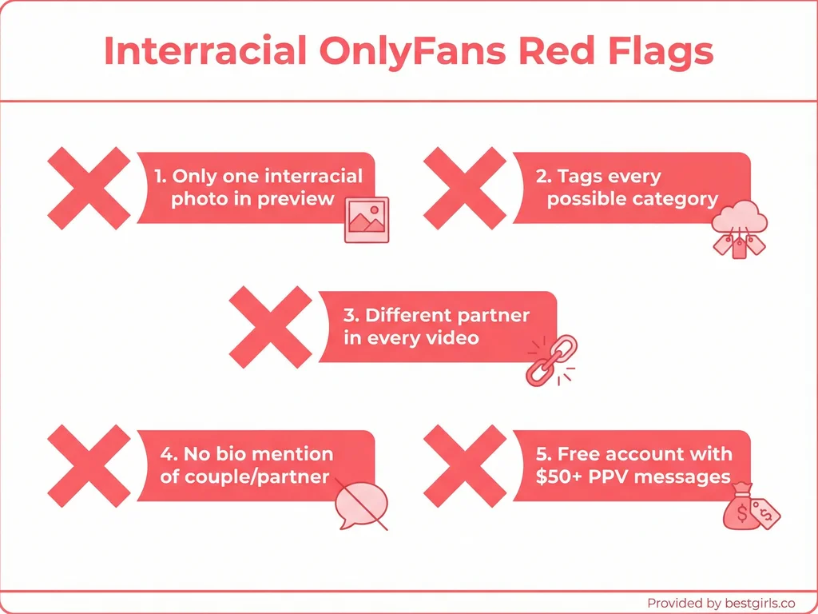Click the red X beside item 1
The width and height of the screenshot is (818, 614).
89,188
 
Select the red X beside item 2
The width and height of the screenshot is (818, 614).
464,188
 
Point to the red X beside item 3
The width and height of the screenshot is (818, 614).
270,329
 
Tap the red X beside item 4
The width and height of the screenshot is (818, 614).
89,465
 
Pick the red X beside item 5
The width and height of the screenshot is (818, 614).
464,465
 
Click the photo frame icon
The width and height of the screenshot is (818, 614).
366,219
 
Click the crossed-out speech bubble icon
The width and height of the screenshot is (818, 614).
361,504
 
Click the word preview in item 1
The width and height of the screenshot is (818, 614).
300,198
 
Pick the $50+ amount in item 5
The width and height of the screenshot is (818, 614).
561,476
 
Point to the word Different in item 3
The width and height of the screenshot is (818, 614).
413,315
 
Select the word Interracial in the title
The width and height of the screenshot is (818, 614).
204,51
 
